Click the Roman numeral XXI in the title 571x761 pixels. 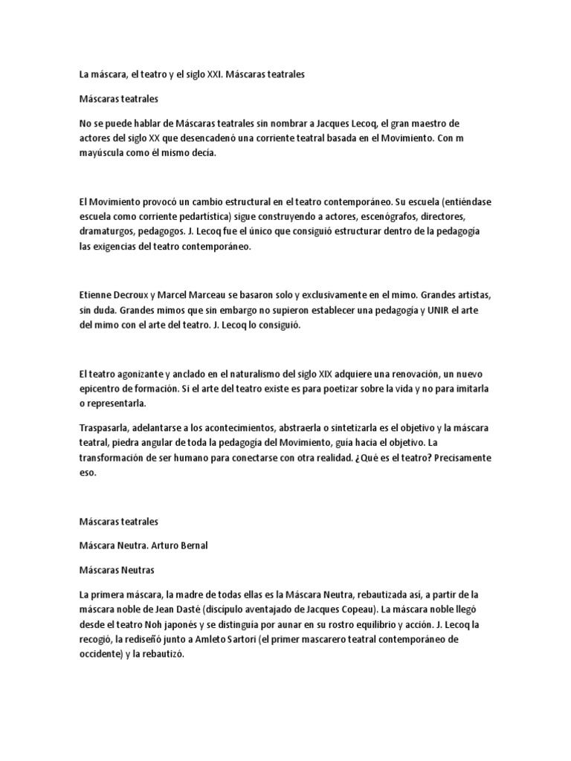[214, 75]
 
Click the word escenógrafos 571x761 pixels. [367, 216]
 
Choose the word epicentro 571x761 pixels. [103, 389]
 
